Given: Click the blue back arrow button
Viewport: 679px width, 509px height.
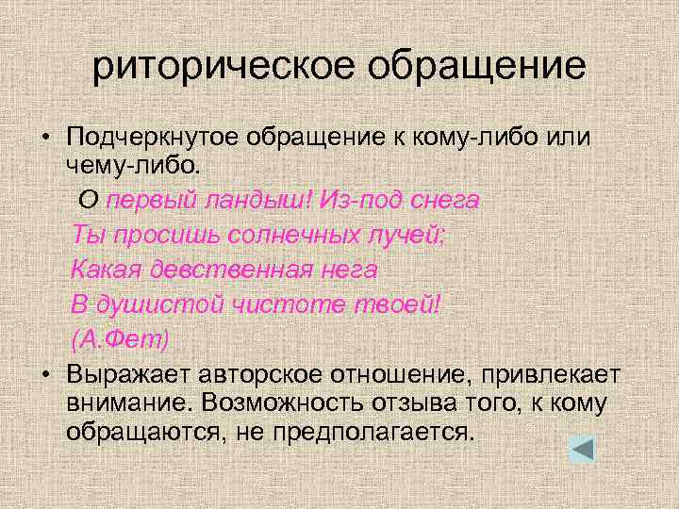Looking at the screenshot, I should (x=582, y=448).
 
